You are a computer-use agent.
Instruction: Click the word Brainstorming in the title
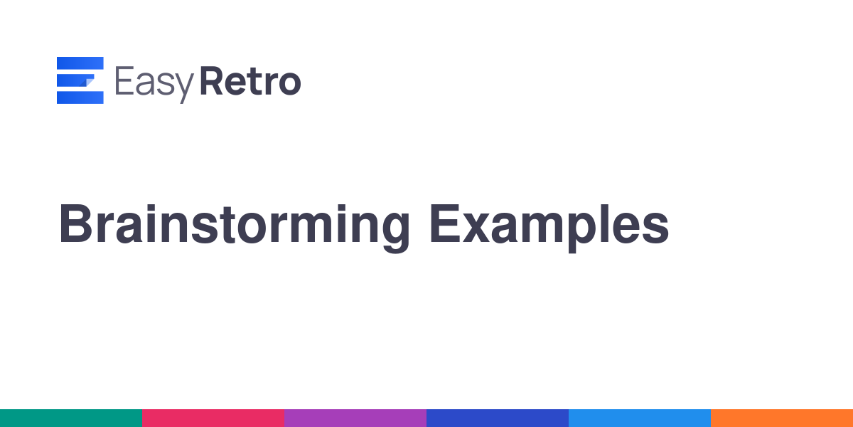234,228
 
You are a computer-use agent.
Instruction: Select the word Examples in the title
549,228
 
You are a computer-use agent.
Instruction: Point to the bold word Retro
250,80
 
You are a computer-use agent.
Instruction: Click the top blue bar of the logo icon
80,63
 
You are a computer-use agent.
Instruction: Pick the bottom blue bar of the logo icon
80,97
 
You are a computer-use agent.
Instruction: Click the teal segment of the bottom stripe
71,418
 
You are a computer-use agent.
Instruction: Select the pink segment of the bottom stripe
213,418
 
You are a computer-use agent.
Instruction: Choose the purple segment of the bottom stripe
355,418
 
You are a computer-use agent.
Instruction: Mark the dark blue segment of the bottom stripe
498,418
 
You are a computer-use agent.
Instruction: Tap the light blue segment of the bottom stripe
640,418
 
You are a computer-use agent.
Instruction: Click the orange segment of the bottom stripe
782,418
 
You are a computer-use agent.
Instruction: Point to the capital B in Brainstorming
75,223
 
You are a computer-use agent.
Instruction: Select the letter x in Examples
476,228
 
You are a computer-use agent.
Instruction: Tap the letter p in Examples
583,233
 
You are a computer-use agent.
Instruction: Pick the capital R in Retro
212,80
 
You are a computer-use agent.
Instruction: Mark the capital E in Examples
445,223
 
